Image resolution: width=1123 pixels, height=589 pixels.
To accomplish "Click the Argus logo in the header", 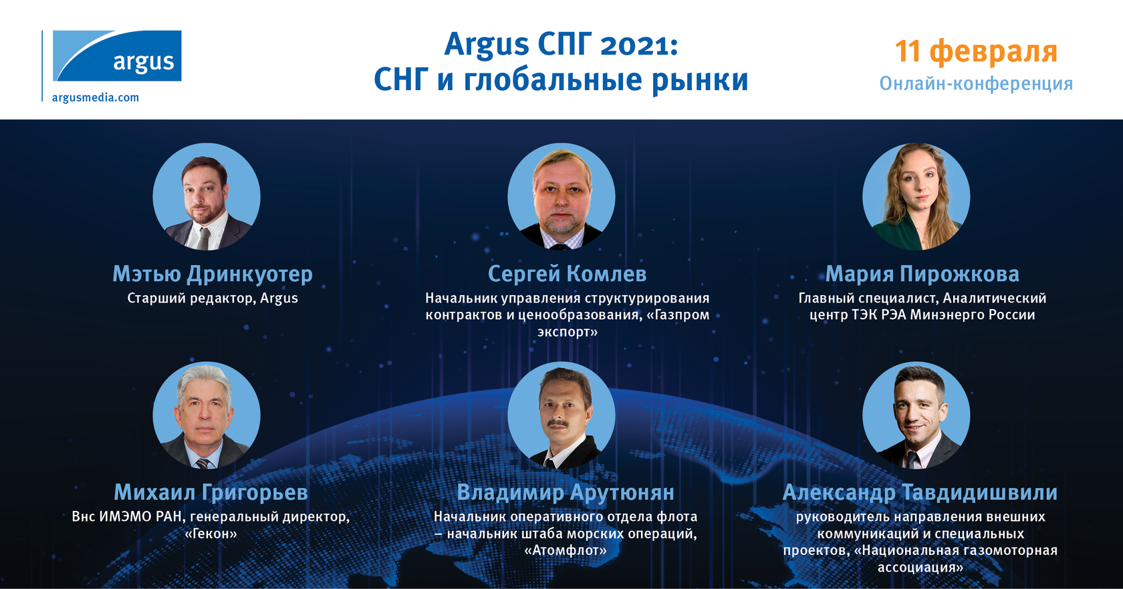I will click(117, 56).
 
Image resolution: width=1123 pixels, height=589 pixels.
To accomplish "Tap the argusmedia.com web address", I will click(96, 97).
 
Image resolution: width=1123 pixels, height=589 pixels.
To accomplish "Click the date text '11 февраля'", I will click(976, 51).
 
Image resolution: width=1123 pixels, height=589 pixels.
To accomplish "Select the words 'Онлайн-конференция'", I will click(976, 83).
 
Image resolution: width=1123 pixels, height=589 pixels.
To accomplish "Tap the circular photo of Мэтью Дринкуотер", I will click(207, 197).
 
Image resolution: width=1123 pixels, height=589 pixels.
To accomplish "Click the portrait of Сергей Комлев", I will click(561, 197).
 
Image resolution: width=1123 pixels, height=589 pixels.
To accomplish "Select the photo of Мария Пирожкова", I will click(916, 197).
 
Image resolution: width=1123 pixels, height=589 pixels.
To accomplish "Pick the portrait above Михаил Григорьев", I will click(207, 415).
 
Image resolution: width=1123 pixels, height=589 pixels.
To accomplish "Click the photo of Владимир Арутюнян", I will click(561, 415).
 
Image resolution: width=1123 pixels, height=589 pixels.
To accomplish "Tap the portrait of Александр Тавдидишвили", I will click(916, 415).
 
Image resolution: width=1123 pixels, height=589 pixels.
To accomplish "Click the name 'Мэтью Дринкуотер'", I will click(213, 274).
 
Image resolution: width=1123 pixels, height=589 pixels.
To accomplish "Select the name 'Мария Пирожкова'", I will click(922, 274).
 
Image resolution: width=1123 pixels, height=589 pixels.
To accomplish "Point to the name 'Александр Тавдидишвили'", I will click(920, 493).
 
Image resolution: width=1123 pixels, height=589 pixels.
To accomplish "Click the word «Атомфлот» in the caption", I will click(566, 550).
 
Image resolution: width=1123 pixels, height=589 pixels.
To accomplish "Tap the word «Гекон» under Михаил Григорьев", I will click(211, 534).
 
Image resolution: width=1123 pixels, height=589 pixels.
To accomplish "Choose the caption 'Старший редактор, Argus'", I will click(213, 299).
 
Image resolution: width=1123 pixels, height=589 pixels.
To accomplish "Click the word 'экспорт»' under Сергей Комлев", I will click(568, 332).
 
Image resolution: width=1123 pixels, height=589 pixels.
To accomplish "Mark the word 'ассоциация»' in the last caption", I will click(920, 567).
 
